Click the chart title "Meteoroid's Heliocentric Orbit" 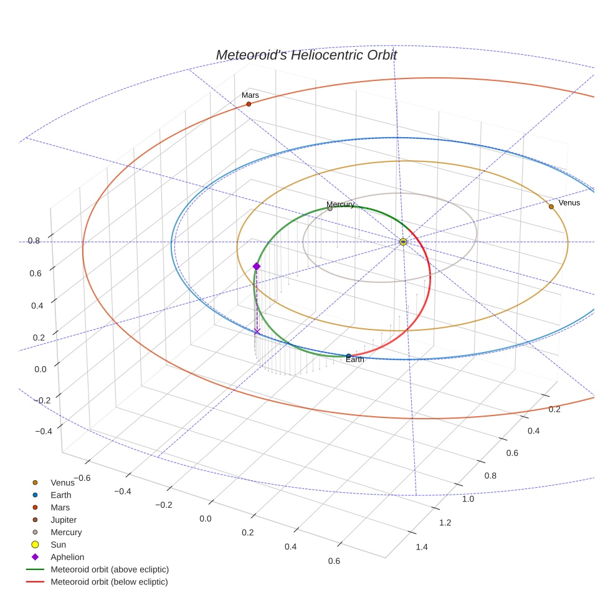[x=306, y=55]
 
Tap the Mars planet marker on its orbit [x=249, y=104]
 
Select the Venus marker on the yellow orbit [x=551, y=206]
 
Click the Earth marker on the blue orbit [x=348, y=356]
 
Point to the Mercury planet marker [x=330, y=209]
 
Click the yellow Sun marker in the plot [x=403, y=241]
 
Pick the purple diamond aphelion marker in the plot [x=256, y=267]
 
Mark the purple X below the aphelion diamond [x=257, y=331]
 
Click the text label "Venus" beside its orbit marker [x=569, y=202]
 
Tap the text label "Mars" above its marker [x=250, y=95]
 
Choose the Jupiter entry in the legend [x=64, y=520]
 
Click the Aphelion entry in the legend [x=67, y=557]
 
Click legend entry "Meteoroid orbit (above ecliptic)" [x=110, y=569]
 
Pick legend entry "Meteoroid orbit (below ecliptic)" [x=110, y=582]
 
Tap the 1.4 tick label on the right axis [x=421, y=547]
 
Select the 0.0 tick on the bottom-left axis [x=205, y=518]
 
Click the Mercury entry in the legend [x=66, y=532]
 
